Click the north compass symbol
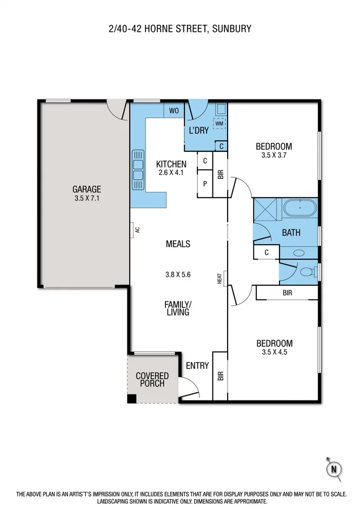334,468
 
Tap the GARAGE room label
87,189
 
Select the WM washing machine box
219,123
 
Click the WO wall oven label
174,111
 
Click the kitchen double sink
138,169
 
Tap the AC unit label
137,230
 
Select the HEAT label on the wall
220,279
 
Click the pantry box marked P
205,184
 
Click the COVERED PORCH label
152,379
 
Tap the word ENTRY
197,366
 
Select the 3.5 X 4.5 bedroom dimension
274,352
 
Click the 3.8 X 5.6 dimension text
178,274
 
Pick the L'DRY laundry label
198,130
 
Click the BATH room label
291,233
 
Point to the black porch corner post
131,399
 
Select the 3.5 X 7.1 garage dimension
87,198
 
